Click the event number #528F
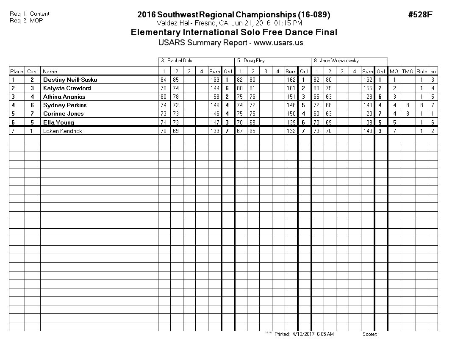[420, 15]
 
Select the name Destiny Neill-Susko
[70, 80]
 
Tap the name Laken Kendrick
[63, 131]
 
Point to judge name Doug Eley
[254, 61]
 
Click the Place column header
[17, 72]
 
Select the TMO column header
[408, 72]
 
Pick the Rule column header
[422, 72]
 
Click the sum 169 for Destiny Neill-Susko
[214, 80]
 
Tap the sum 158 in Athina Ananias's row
[214, 97]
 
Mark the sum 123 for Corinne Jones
[368, 114]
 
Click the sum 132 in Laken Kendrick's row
[291, 131]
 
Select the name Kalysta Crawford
[67, 88]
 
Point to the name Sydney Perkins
[65, 105]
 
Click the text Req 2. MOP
[26, 20]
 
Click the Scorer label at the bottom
[369, 334]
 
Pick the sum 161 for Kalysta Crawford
[291, 88]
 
